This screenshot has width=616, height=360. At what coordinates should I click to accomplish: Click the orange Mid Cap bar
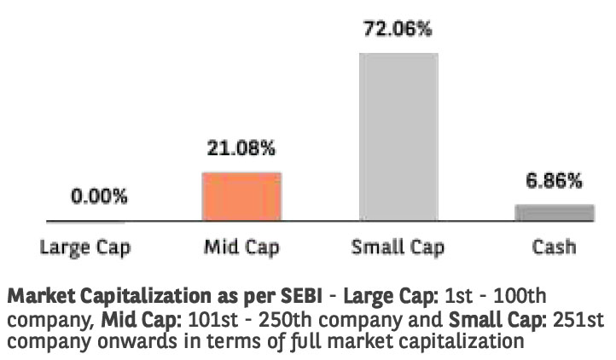[241, 196]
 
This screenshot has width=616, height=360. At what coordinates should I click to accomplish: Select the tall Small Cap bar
[399, 136]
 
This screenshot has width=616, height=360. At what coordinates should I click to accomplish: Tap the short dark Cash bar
[555, 212]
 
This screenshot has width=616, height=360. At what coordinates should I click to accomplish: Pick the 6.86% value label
[555, 181]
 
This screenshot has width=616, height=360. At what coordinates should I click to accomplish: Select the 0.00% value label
[99, 197]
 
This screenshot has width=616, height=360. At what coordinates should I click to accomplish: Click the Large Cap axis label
[85, 248]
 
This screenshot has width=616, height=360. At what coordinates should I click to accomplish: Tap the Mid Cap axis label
[241, 248]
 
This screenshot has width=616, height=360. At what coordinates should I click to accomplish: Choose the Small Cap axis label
[398, 248]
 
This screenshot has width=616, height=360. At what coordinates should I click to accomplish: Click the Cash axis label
[554, 248]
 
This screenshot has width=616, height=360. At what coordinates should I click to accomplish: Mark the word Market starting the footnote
[39, 299]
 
